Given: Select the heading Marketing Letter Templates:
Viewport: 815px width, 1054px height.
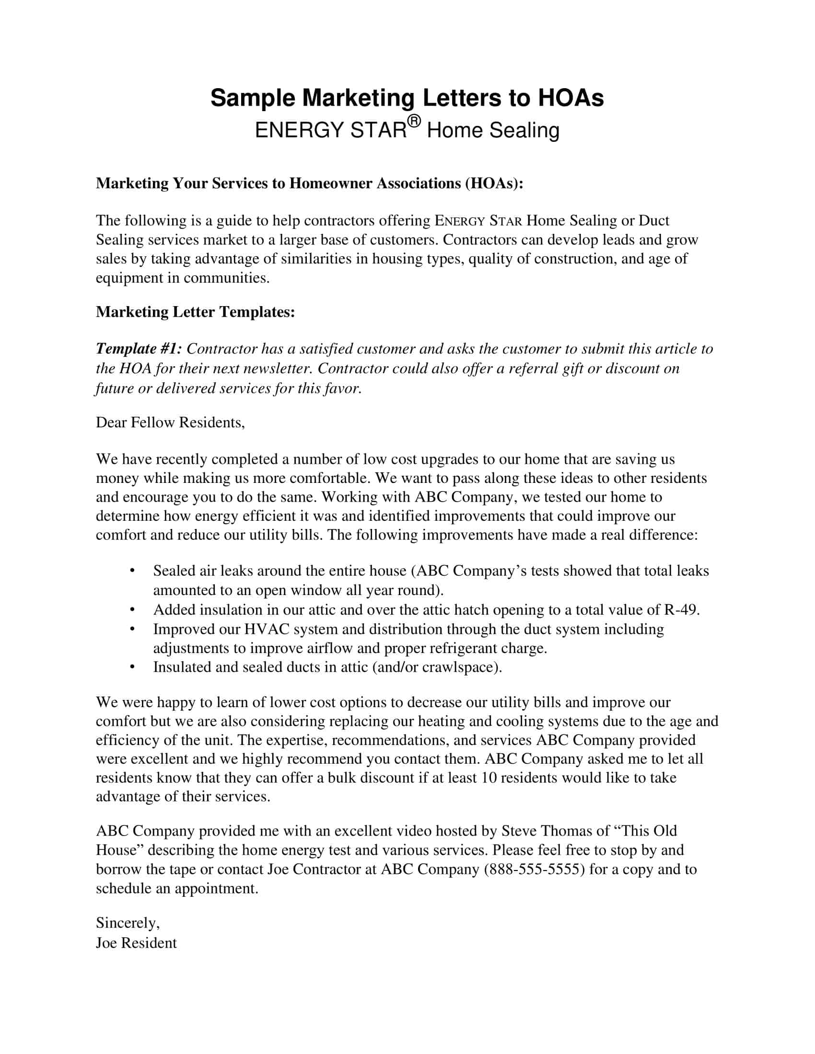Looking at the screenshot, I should coord(195,312).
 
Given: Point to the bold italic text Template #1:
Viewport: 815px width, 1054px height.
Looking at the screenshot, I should coord(139,348).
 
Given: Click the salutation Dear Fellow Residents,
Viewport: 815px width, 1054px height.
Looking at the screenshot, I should coord(170,422).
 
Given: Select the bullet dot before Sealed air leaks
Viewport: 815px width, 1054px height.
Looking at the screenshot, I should coord(132,571).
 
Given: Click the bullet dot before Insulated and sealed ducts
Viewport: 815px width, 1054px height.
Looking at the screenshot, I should coord(132,667).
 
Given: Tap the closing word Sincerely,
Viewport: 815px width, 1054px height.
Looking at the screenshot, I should coord(128,923).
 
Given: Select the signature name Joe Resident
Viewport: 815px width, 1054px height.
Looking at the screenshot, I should coord(136,943).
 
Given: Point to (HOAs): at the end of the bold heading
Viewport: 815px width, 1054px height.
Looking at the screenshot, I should coord(494,183).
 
